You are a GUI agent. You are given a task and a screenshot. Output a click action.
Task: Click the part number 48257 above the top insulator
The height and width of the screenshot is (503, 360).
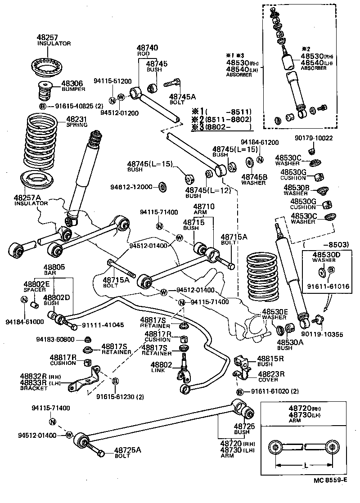point(48,37)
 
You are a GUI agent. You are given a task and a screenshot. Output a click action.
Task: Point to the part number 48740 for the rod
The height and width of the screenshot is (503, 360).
point(147,48)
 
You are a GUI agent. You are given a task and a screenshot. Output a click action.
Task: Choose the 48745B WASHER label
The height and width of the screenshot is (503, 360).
point(254,180)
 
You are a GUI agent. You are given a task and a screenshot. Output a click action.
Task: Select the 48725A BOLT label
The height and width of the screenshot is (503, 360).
point(127,452)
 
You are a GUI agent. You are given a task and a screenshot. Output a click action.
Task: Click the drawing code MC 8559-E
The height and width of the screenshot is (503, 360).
point(330,492)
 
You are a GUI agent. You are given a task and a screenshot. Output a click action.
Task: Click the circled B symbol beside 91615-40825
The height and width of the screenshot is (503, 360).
point(43,106)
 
